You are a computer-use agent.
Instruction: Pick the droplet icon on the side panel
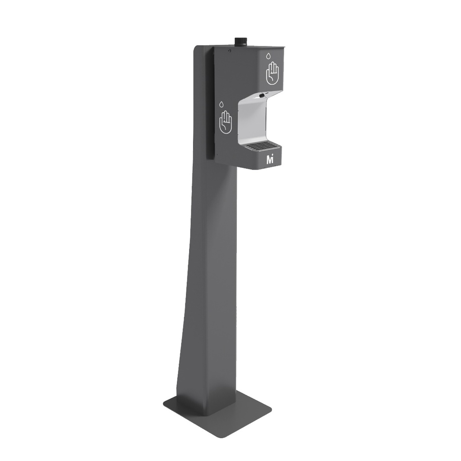221,104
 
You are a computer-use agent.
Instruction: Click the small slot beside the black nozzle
267,94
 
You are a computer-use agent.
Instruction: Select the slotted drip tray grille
261,146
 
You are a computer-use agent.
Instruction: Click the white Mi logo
270,159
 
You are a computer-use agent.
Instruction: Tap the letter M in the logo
269,159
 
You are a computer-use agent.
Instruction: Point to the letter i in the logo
273,159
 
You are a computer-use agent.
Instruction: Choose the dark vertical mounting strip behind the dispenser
210,104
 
